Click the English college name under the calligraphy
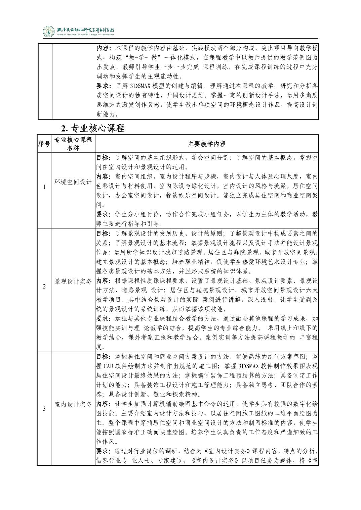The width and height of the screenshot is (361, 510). tap(86, 35)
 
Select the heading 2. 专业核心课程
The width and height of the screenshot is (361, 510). tap(93, 128)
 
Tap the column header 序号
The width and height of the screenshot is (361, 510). tap(44, 144)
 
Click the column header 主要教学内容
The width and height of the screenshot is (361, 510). tap(207, 144)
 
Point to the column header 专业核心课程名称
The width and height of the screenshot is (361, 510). tap(73, 144)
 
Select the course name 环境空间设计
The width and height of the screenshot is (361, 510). tap(73, 182)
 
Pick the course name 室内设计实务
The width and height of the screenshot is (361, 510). tap(73, 405)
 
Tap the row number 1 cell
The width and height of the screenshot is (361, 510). tap(44, 187)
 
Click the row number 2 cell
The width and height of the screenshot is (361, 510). tap(44, 287)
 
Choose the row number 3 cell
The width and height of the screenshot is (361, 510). tap(44, 409)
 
